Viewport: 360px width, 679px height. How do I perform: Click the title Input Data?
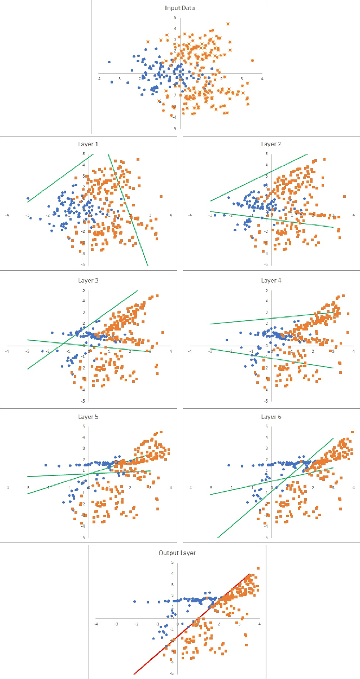tap(179, 8)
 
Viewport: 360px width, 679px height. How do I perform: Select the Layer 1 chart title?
tap(88, 144)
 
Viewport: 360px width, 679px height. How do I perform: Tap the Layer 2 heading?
tap(271, 144)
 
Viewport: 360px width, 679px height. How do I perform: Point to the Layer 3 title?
tap(88, 280)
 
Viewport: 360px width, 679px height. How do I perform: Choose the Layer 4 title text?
tap(271, 280)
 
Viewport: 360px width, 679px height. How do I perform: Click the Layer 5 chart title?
tap(88, 417)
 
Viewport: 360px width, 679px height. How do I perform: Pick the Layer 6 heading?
tap(271, 417)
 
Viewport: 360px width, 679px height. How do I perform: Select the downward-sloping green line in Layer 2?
tap(271, 219)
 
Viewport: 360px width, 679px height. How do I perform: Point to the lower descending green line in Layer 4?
tap(271, 358)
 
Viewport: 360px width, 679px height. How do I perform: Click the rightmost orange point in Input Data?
tap(252, 60)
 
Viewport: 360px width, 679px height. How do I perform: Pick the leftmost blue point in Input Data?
tap(109, 62)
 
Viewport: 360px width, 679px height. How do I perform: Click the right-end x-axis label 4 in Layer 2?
tap(353, 215)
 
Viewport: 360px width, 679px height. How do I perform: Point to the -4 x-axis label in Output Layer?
tap(96, 624)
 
